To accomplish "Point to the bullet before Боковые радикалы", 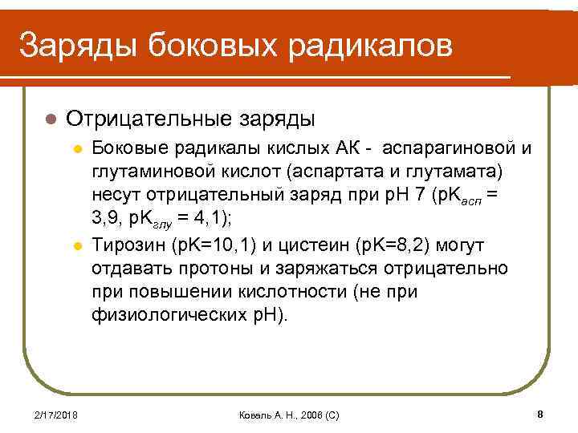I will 77,149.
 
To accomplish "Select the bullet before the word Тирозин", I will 77,243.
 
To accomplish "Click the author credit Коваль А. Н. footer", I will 290,415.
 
